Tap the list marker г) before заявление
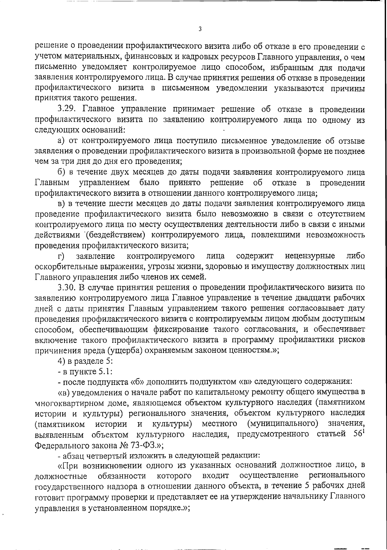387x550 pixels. [x=61, y=257]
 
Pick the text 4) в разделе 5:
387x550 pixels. [x=85, y=361]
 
